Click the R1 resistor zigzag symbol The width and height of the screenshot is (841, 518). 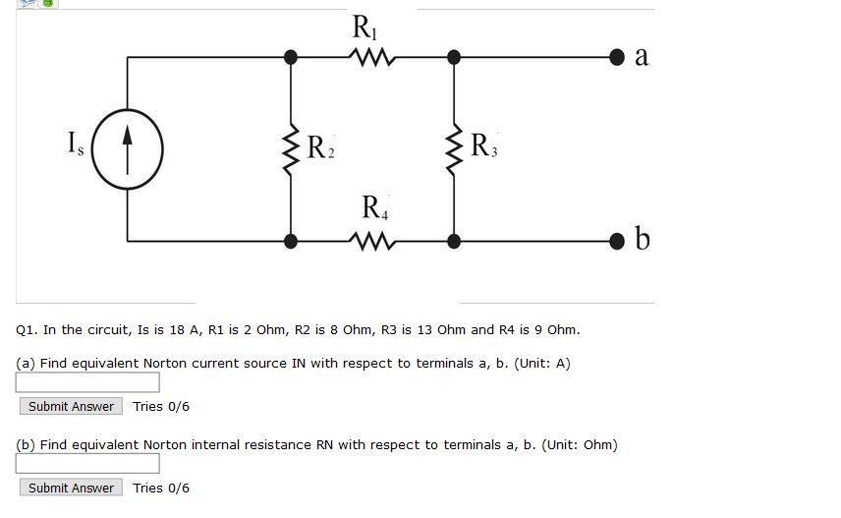point(371,58)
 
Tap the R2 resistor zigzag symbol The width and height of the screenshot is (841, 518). point(291,149)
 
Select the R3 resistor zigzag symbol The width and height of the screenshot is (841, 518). point(454,149)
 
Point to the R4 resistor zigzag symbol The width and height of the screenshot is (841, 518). point(371,241)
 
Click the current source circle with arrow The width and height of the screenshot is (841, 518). point(127,149)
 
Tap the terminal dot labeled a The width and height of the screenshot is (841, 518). point(616,57)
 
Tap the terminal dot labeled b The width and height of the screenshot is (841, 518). point(616,241)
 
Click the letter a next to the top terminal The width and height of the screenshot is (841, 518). point(642,56)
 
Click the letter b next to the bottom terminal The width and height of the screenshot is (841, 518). point(643,238)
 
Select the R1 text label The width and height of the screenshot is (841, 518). point(364,27)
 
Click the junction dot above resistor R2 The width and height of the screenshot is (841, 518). point(291,58)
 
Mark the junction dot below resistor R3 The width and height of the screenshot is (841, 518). point(454,241)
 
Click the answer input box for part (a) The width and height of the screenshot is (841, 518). point(87,382)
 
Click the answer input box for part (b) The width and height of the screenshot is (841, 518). point(87,464)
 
